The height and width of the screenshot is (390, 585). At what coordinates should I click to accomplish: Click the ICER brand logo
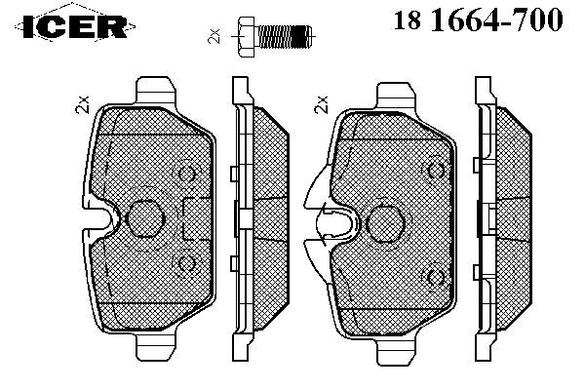[x=75, y=26]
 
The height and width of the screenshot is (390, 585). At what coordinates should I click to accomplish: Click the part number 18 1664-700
[x=478, y=19]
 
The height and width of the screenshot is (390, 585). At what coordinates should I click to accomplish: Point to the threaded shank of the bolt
[x=284, y=37]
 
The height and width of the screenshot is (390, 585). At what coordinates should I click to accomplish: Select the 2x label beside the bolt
[x=214, y=36]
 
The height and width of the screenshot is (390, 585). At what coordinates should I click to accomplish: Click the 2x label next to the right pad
[x=322, y=104]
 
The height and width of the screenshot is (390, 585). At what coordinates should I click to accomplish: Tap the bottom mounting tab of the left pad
[x=155, y=347]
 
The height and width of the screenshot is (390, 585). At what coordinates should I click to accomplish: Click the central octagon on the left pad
[x=144, y=218]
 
